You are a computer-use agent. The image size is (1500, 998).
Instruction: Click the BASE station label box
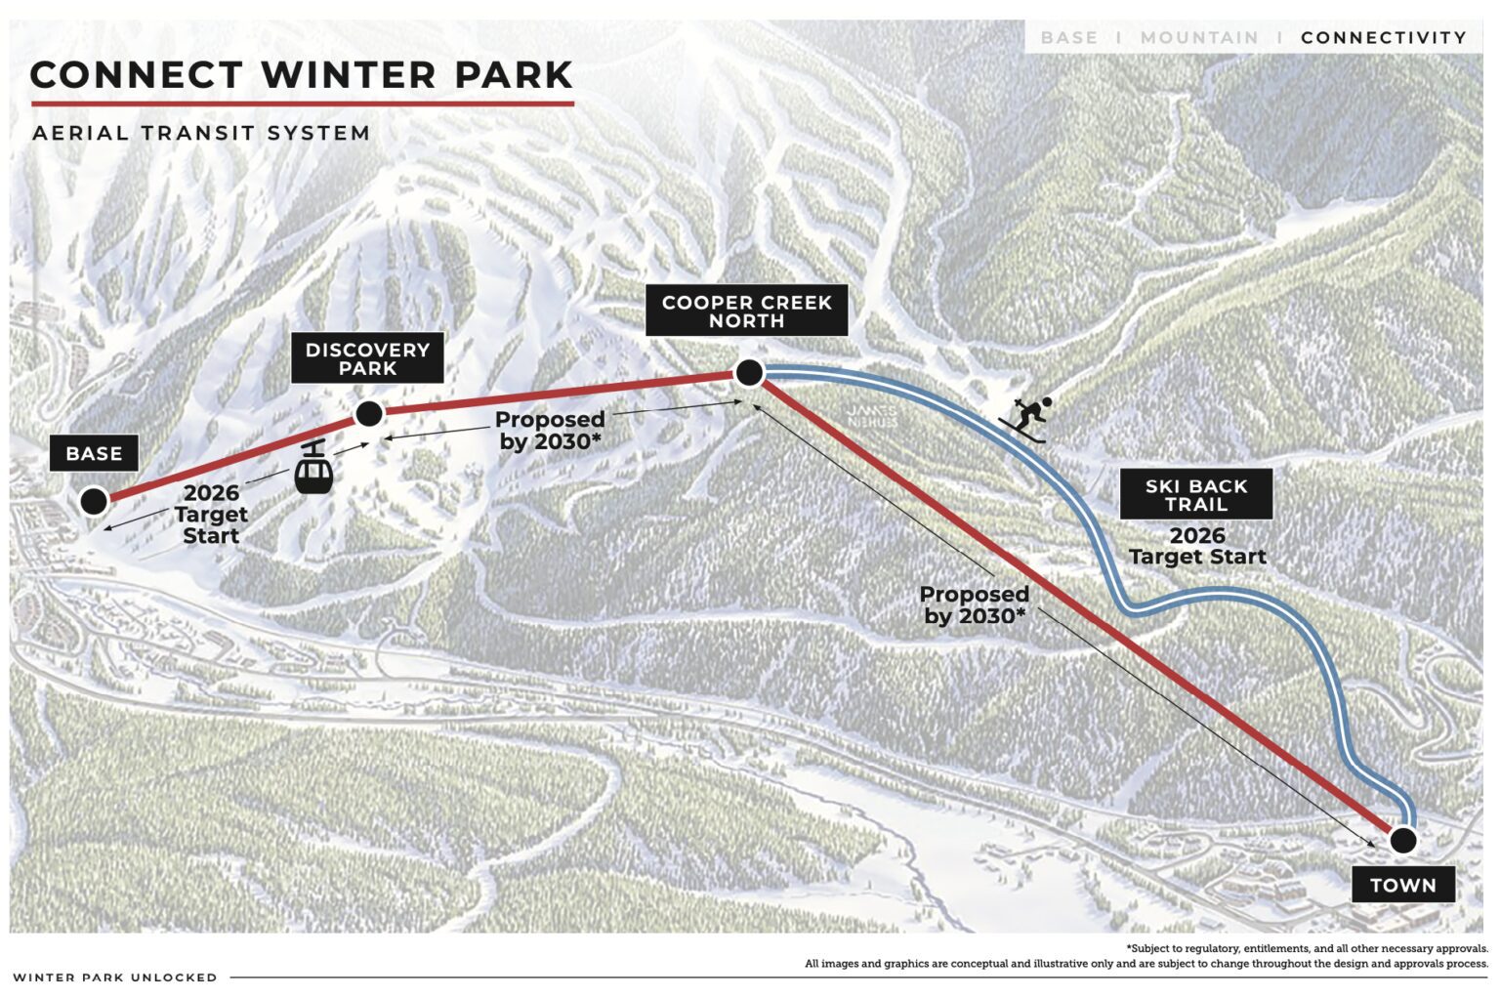94,453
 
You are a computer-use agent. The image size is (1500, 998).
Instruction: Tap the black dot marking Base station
94,501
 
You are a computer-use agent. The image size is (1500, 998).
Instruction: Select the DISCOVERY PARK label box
367,358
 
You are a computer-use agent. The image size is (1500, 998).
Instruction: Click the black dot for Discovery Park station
368,414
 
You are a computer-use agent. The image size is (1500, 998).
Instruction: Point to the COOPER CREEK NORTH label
746,312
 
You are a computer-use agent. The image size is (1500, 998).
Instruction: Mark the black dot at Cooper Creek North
749,372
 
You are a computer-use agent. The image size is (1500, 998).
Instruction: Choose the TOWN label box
1402,885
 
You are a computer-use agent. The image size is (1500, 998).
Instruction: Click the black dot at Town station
1402,840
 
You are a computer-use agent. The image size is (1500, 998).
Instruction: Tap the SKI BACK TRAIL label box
1195,495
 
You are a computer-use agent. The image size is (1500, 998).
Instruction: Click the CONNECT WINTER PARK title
301,75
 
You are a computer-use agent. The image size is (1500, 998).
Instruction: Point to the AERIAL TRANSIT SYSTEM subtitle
201,133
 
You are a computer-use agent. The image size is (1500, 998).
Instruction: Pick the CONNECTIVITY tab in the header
1383,37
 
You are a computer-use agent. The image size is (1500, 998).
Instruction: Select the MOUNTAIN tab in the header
1199,37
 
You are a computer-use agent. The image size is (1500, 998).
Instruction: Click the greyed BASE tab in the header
1068,37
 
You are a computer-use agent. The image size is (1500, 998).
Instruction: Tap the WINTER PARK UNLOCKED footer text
115,977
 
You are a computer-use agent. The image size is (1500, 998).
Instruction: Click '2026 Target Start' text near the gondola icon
211,515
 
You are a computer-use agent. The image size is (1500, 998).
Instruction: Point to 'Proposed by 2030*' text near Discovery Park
550,430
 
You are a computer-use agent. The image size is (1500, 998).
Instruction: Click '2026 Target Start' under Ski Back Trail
1197,546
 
